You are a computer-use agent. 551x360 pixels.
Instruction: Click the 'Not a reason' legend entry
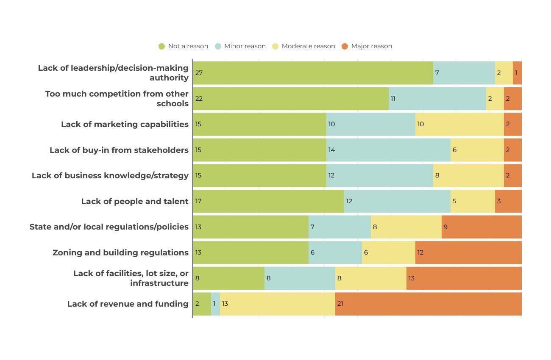point(184,46)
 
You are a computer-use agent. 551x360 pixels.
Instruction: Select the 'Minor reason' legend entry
point(240,46)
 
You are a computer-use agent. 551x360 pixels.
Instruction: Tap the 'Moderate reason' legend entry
point(303,46)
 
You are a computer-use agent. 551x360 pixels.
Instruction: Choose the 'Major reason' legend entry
point(367,46)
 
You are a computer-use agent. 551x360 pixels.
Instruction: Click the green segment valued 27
point(313,73)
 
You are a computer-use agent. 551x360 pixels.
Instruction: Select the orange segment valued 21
point(428,304)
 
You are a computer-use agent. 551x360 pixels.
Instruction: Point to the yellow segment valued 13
point(277,304)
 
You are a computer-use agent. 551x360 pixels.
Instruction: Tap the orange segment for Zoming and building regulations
point(468,252)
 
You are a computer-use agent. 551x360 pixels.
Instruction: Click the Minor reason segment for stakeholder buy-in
point(388,150)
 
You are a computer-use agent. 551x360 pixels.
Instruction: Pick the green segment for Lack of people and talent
point(268,201)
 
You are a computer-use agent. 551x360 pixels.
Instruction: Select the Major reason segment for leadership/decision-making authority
point(517,73)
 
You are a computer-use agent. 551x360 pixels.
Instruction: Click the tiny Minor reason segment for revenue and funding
point(215,304)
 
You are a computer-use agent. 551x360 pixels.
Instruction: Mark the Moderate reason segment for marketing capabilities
point(459,124)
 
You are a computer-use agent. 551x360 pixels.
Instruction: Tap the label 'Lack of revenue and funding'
point(128,304)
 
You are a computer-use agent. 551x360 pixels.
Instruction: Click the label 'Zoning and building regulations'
point(120,252)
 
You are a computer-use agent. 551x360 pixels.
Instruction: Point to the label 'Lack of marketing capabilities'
point(125,124)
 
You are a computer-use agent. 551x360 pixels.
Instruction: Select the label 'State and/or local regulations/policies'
point(109,227)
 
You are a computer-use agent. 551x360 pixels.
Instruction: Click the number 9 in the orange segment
point(445,227)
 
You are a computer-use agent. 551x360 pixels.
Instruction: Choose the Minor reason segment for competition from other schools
point(437,99)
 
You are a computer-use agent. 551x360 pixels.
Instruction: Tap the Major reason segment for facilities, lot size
point(464,278)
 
